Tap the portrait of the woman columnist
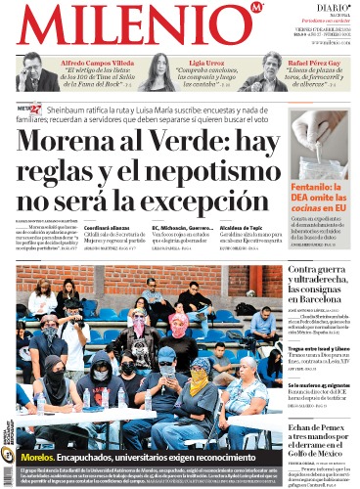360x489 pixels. pos(159,73)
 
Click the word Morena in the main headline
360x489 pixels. pos(61,145)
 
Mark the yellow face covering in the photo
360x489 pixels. pos(200,379)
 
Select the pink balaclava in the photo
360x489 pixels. pos(180,324)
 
